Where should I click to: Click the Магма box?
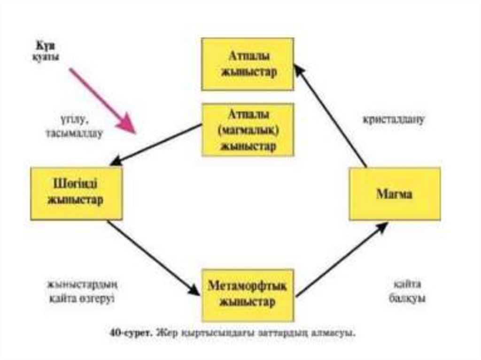[x=395, y=194]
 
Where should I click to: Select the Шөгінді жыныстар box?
[x=77, y=193]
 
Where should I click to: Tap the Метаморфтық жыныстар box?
[x=248, y=294]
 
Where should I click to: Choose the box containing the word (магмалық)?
[x=248, y=130]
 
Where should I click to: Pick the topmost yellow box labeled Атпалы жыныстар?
[x=248, y=64]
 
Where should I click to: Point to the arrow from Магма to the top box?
[x=331, y=116]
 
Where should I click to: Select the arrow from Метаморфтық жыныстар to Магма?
[x=341, y=260]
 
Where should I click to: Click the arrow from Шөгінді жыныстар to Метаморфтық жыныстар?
[x=153, y=258]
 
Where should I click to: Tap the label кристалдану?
[x=394, y=119]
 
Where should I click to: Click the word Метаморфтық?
[x=248, y=286]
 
